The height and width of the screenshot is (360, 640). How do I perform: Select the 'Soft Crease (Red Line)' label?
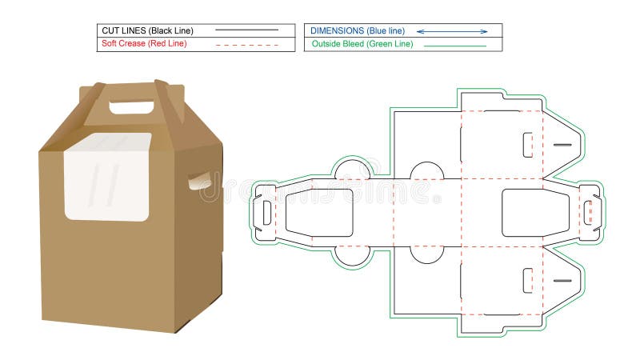point(143,43)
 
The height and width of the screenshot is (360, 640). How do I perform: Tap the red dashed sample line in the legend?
point(247,44)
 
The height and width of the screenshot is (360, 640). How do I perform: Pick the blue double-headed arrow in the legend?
point(452,31)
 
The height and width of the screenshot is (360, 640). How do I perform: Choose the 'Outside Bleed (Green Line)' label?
point(362,44)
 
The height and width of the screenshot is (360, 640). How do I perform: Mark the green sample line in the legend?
point(454,46)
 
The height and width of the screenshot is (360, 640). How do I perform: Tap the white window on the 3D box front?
point(107,178)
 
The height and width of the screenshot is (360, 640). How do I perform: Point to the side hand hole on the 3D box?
point(200,181)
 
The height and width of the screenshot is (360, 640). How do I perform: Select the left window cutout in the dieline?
point(319,213)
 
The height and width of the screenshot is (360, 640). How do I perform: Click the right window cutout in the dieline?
point(535,213)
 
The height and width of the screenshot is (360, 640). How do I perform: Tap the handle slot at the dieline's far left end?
point(266,212)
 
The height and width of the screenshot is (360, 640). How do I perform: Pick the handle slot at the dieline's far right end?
point(589,212)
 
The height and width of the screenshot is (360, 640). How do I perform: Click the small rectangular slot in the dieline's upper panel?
point(527,145)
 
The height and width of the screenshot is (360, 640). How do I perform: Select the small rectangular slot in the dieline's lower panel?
point(527,280)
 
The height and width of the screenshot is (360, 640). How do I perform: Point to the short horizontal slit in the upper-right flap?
point(562,145)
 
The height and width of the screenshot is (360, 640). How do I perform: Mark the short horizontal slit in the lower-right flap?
point(562,281)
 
